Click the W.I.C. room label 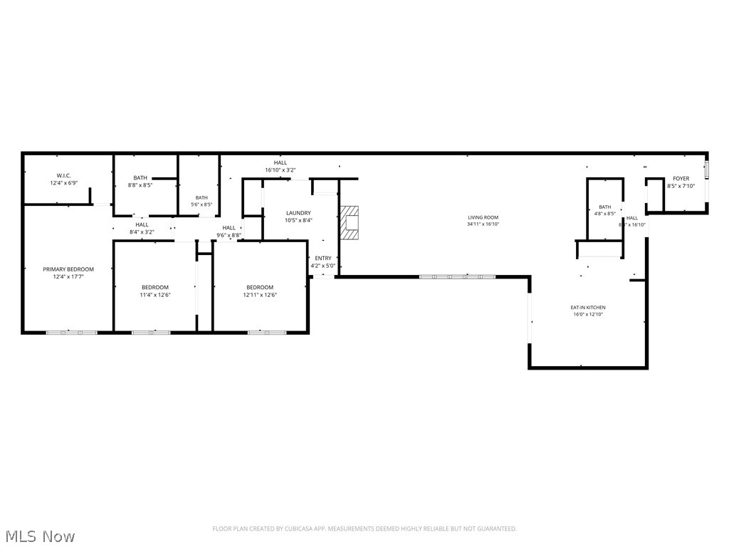click(64, 175)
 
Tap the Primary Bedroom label click(68, 269)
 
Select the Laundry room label click(298, 213)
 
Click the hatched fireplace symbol click(350, 222)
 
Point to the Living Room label click(483, 217)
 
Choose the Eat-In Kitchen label click(588, 308)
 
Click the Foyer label click(681, 179)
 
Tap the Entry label click(322, 258)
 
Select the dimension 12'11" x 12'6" click(260, 294)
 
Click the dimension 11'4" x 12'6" click(154, 294)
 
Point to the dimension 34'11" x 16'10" click(483, 224)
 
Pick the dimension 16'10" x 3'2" click(280, 170)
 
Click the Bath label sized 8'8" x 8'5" click(140, 178)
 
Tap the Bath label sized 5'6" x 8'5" click(202, 198)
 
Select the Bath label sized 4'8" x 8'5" click(604, 207)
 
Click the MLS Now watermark click(39, 536)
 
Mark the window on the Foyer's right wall click(707, 170)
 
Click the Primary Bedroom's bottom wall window click(71, 332)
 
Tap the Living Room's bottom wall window click(456, 276)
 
